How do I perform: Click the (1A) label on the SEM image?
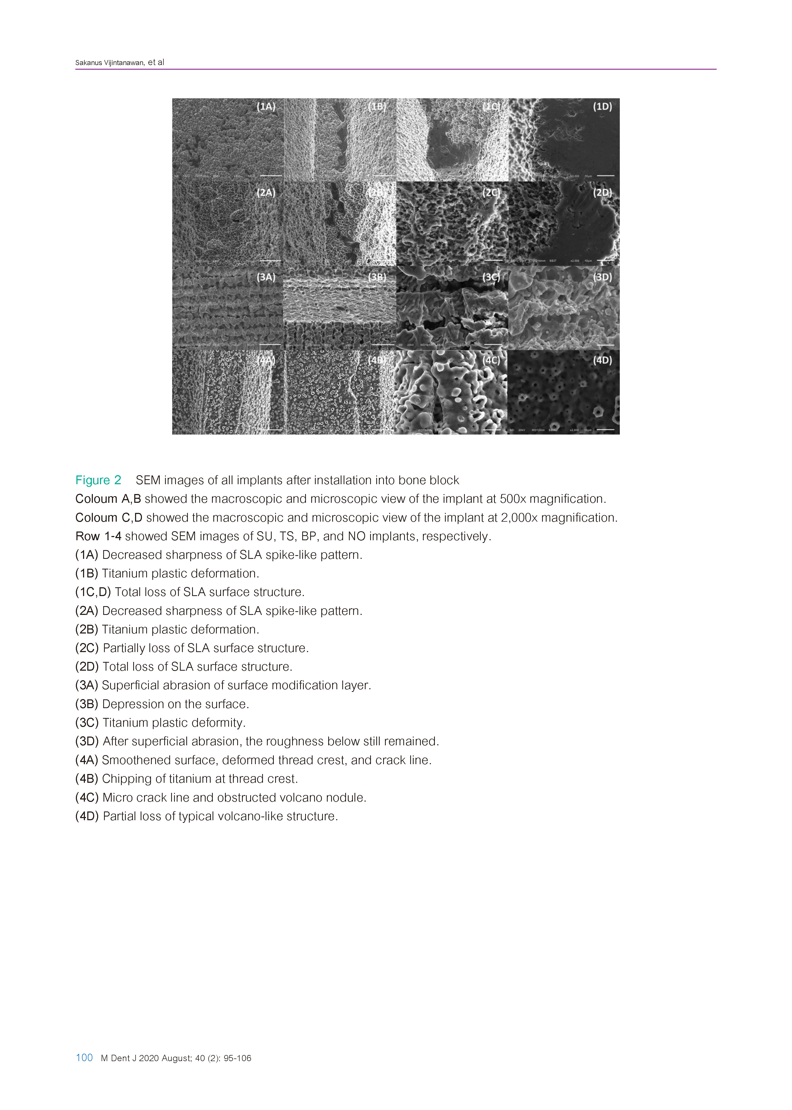click(266, 107)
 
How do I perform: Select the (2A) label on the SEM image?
click(266, 192)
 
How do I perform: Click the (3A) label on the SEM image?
click(266, 277)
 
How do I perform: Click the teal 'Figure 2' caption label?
click(98, 480)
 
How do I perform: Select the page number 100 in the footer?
click(84, 1058)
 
